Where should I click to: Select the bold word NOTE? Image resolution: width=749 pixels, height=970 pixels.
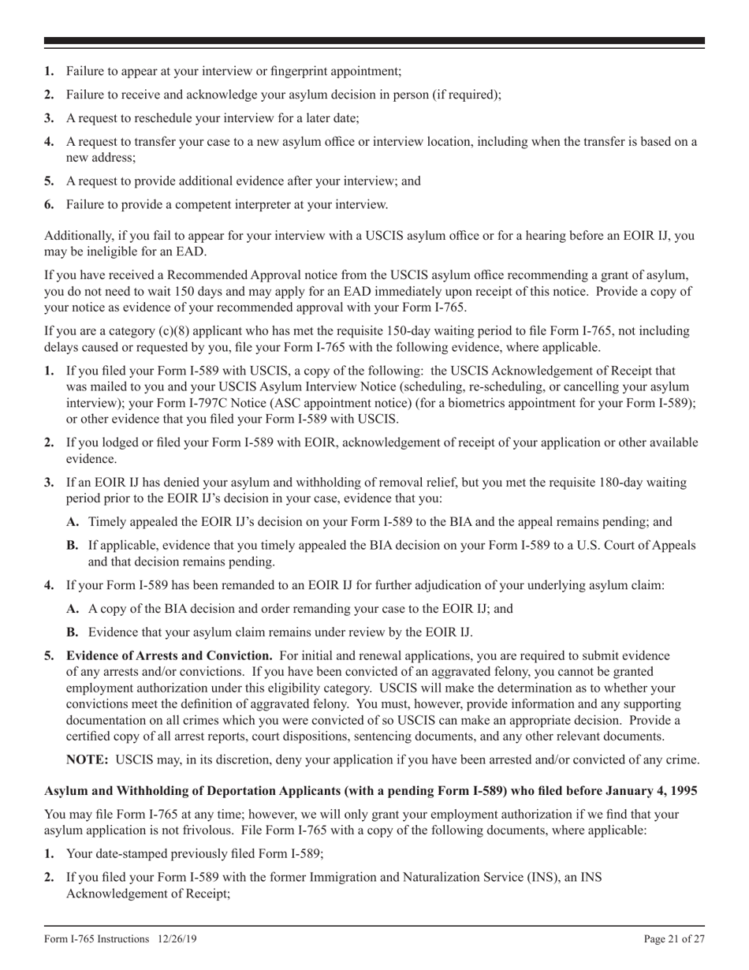[87, 759]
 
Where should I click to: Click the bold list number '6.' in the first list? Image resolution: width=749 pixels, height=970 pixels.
[49, 205]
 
